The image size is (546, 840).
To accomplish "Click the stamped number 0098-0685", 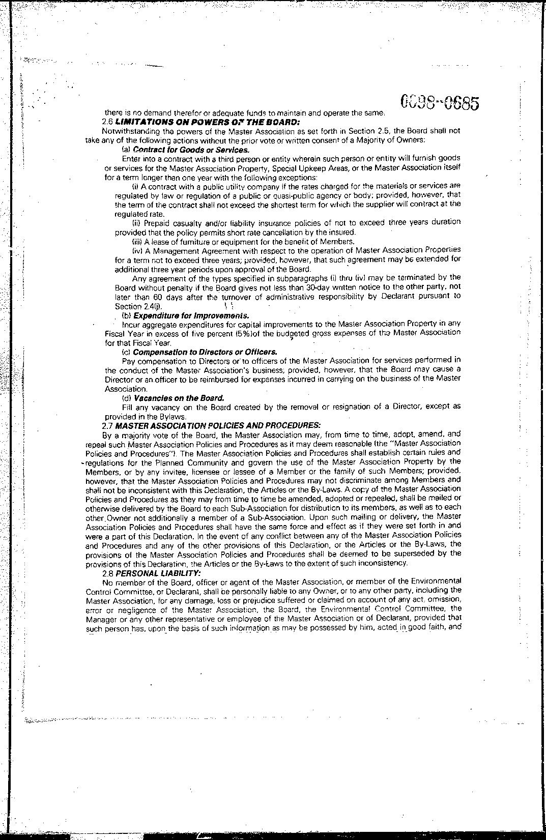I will [x=440, y=103].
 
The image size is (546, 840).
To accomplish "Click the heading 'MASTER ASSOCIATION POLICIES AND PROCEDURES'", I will [x=218, y=425].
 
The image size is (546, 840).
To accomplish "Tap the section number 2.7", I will [x=107, y=425].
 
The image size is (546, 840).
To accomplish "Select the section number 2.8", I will [x=107, y=572].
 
